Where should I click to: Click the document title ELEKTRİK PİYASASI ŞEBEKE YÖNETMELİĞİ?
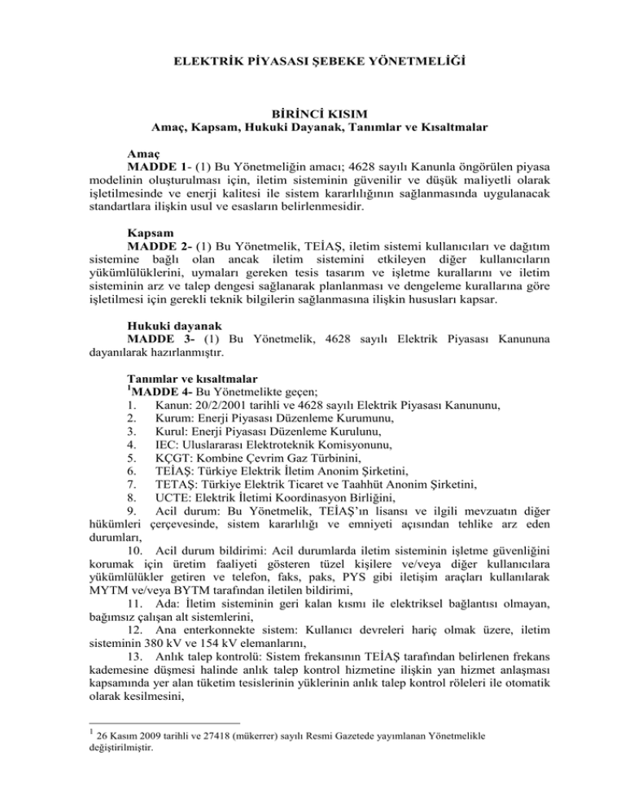pos(312,60)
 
